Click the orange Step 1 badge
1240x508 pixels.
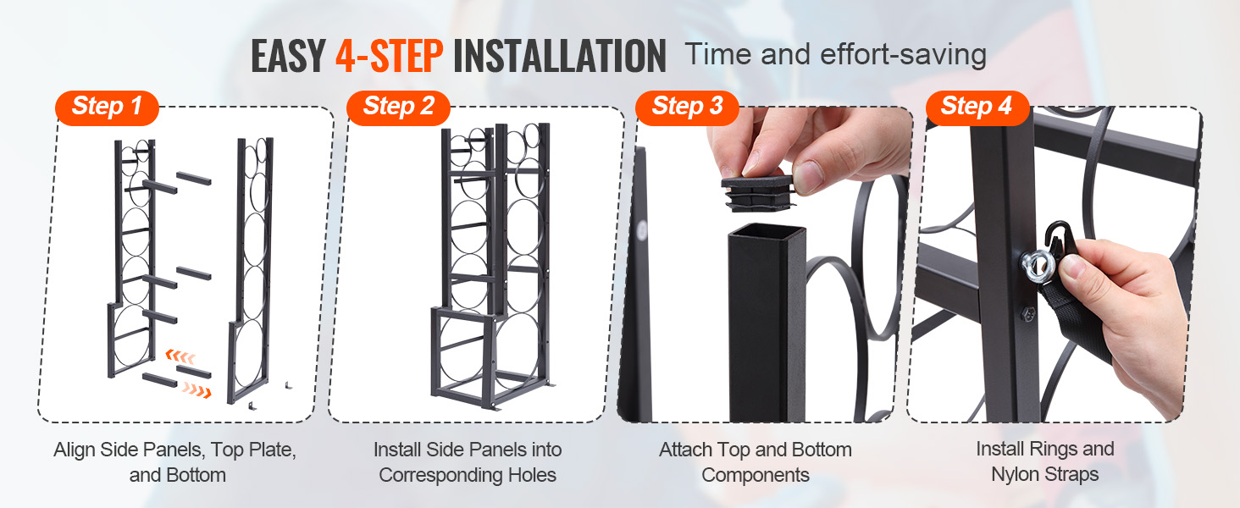107,108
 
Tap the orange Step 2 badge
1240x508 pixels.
398,108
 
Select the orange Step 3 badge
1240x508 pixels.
687,108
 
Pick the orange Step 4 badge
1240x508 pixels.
977,108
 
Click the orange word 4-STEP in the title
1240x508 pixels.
389,56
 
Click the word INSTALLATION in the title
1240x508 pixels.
560,56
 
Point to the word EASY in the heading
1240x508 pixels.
288,56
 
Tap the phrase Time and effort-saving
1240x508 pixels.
836,55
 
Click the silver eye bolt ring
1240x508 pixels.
1038,264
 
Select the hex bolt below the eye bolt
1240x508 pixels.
1027,314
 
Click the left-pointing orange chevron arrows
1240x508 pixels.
180,356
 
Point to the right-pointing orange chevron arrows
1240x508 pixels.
197,390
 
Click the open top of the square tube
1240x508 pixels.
767,232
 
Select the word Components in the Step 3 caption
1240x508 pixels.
756,475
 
